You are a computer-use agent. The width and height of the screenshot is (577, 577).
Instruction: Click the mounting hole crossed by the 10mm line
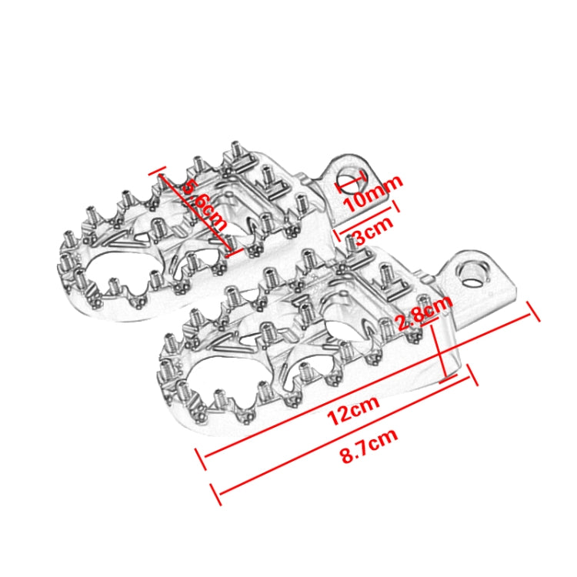(352, 180)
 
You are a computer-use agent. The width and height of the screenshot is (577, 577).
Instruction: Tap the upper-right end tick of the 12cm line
(531, 311)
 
